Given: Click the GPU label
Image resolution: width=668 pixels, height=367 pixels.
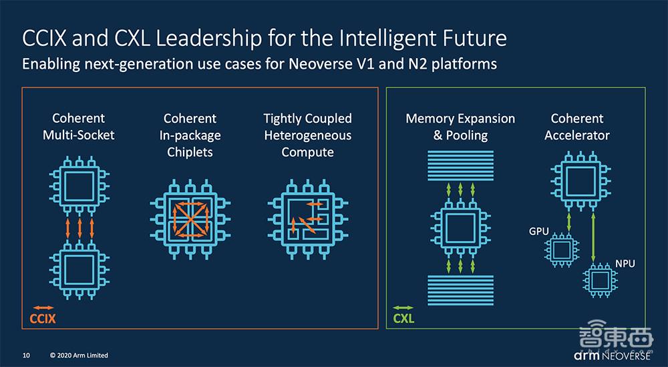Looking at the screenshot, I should coord(538,232).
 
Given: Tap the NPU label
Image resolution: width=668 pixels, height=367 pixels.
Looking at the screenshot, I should coord(625,264).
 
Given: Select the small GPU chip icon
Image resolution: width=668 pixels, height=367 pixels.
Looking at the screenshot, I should coord(560,250).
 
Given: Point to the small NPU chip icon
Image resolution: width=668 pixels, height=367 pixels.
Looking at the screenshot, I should coord(599,280).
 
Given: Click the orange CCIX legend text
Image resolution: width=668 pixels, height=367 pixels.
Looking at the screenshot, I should coord(43,319).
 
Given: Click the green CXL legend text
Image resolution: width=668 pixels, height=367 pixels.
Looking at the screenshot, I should coord(403,319).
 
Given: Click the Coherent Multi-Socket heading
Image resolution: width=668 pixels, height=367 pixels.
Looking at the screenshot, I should coord(79,127).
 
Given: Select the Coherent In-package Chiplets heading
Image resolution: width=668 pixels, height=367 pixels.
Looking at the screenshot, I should coord(190,135).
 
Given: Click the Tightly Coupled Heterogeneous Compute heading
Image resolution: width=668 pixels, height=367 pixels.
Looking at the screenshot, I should coord(307,135).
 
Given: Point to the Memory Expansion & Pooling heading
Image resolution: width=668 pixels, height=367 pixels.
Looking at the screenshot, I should coord(460,127).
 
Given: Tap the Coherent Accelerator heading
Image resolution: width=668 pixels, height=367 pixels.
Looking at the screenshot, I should coord(577,127).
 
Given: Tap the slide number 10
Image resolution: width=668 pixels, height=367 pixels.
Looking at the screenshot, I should coord(27,355).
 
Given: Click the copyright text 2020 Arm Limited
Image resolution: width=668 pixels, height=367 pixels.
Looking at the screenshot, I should coord(79,355).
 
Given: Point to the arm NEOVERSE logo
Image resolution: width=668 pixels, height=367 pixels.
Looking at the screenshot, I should coord(613,354).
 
